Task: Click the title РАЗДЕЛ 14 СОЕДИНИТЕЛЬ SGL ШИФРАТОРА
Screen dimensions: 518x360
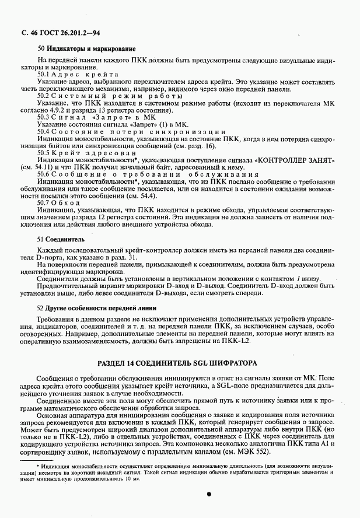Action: coord(177,363)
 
